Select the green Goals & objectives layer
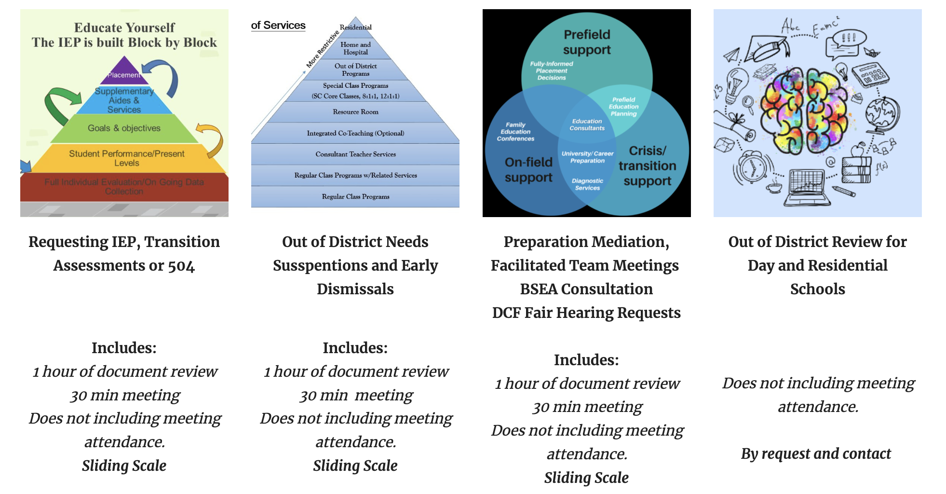click(x=124, y=128)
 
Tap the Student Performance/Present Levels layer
click(x=126, y=158)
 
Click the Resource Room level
click(x=355, y=112)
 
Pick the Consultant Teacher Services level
click(x=355, y=154)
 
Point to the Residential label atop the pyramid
click(x=356, y=27)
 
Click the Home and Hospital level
click(x=355, y=48)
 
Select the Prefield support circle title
click(x=587, y=42)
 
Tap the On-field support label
click(x=528, y=169)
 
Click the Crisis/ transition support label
click(x=647, y=165)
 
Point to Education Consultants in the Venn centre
click(x=587, y=125)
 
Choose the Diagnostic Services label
click(x=587, y=184)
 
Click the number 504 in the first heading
click(x=181, y=266)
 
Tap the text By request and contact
click(x=816, y=454)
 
